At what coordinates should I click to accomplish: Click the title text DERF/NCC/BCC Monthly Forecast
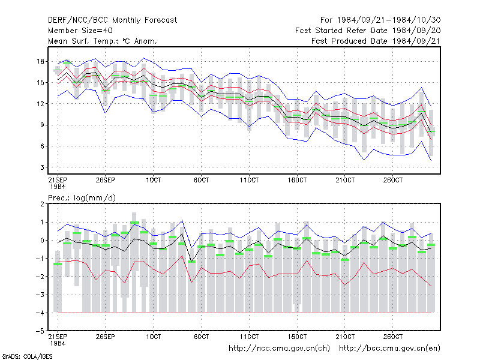tap(112, 20)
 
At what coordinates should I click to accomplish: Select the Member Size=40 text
tap(80, 31)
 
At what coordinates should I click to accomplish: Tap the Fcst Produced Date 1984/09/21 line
tap(376, 41)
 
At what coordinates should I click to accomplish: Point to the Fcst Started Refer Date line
tap(368, 31)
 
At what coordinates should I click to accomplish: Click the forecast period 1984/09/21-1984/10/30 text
tap(380, 20)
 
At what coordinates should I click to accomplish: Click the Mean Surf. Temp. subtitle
tap(103, 41)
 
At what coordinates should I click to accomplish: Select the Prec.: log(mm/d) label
tap(82, 198)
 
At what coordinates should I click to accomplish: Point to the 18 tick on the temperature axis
tap(41, 62)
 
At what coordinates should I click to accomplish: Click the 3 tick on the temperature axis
tap(42, 167)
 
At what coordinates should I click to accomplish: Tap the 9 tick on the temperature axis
tap(42, 125)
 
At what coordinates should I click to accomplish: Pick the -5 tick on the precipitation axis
tap(40, 331)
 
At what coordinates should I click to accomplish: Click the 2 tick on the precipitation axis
tap(42, 204)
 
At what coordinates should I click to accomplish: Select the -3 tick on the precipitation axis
tap(40, 295)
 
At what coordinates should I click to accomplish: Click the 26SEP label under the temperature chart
tap(106, 180)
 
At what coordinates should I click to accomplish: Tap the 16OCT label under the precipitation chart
tap(297, 337)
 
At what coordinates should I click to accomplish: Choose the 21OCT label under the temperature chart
tap(345, 180)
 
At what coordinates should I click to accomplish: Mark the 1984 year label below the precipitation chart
tap(58, 343)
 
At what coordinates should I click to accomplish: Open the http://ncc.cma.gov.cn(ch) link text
tap(279, 349)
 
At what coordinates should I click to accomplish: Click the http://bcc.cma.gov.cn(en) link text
tap(389, 349)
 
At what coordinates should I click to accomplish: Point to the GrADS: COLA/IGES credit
tap(27, 356)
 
